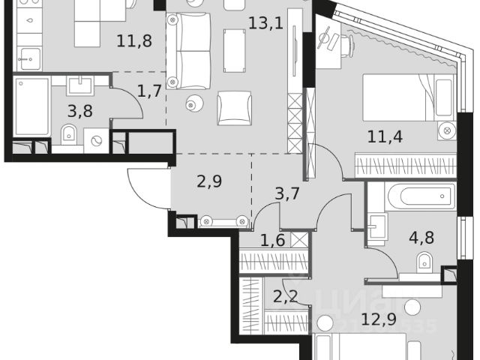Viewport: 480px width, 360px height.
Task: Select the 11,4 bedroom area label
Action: (383, 136)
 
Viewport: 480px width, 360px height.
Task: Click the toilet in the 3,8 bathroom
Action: (68, 136)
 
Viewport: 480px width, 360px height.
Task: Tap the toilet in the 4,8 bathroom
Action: (424, 262)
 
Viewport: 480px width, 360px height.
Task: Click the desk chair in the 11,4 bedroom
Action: (327, 37)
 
